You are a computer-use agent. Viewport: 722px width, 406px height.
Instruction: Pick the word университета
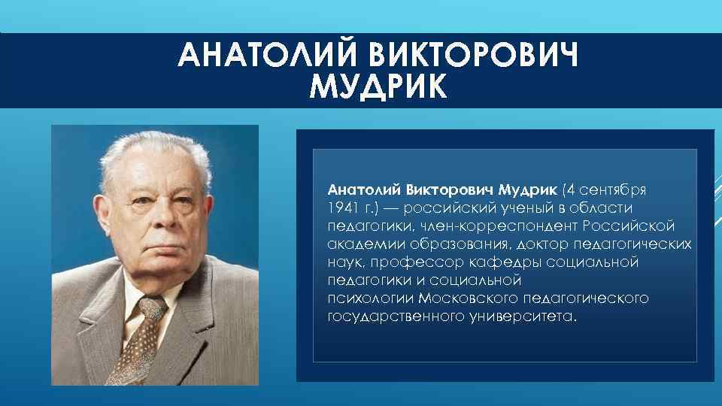pyautogui.click(x=520, y=317)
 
